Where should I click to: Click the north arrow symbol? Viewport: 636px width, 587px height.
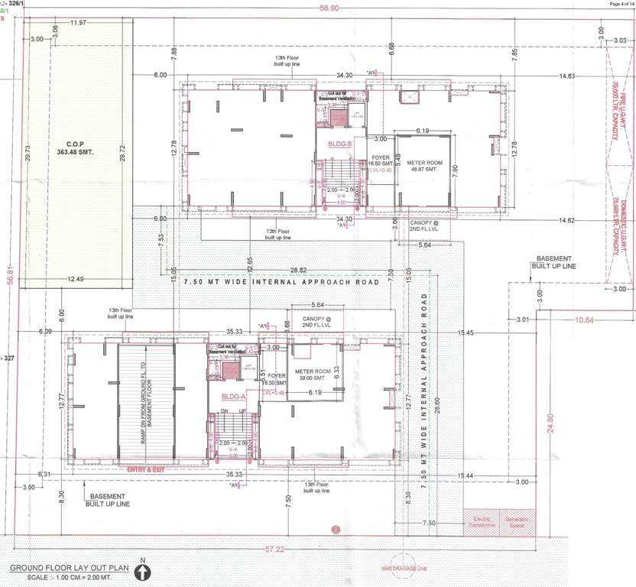[144, 572]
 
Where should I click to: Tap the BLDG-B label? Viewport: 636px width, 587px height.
[339, 143]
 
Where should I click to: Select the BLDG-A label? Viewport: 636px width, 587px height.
[233, 397]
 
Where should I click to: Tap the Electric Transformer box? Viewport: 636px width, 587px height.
[481, 522]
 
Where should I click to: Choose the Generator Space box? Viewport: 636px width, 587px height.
[516, 522]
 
